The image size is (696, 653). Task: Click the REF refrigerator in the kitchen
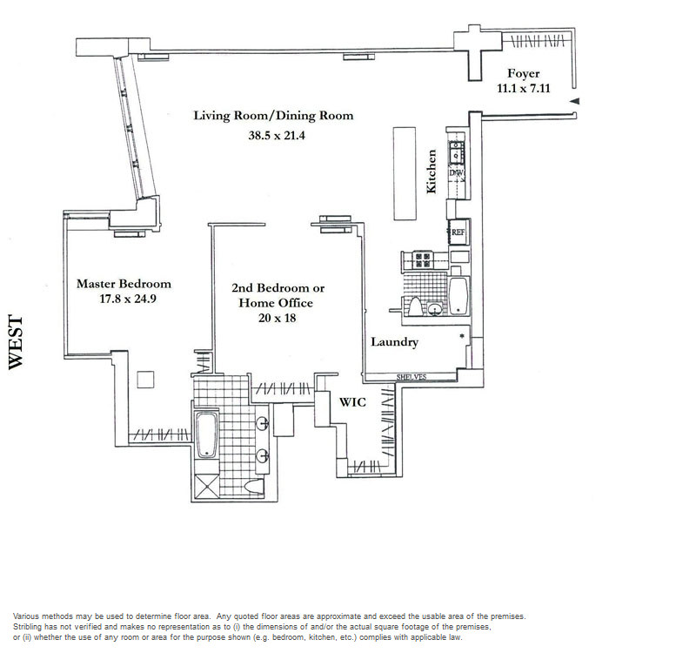[458, 232]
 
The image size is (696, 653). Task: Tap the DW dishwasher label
[456, 172]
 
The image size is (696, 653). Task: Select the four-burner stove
[423, 259]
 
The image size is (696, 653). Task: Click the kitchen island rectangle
[405, 173]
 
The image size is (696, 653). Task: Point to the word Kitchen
[431, 171]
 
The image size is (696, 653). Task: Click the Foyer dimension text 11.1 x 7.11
[524, 88]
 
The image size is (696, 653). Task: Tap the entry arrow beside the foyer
[574, 101]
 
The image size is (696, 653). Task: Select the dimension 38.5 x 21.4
[277, 135]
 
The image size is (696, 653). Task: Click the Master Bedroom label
[124, 284]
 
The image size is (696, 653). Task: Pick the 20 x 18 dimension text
[277, 318]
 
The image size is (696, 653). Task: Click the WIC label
[352, 402]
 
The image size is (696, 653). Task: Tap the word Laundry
[395, 341]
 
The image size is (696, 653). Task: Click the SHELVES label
[412, 377]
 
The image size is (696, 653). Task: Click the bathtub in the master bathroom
[207, 434]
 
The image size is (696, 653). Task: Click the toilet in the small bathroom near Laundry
[415, 306]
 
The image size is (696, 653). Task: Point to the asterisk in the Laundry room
[462, 336]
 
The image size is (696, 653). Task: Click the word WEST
[16, 342]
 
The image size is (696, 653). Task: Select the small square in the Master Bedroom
[145, 380]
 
